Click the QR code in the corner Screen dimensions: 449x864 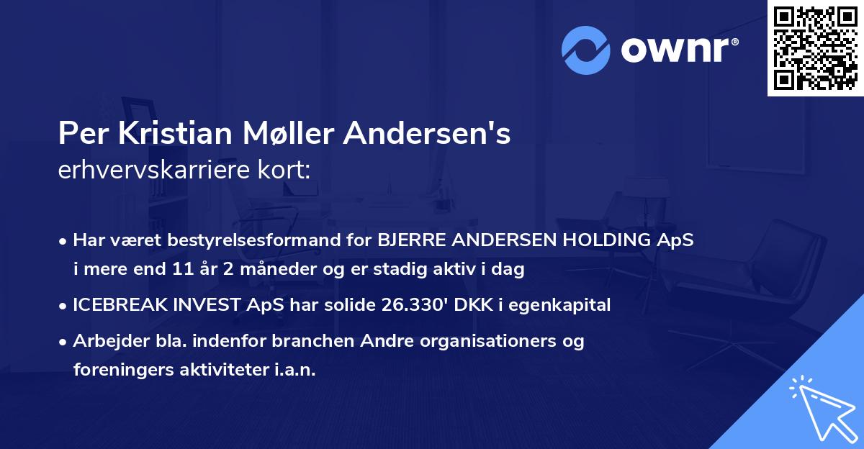point(815,48)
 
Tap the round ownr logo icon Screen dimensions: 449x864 point(586,50)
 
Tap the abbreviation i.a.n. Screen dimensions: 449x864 point(296,369)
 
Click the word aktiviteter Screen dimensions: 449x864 point(222,369)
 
